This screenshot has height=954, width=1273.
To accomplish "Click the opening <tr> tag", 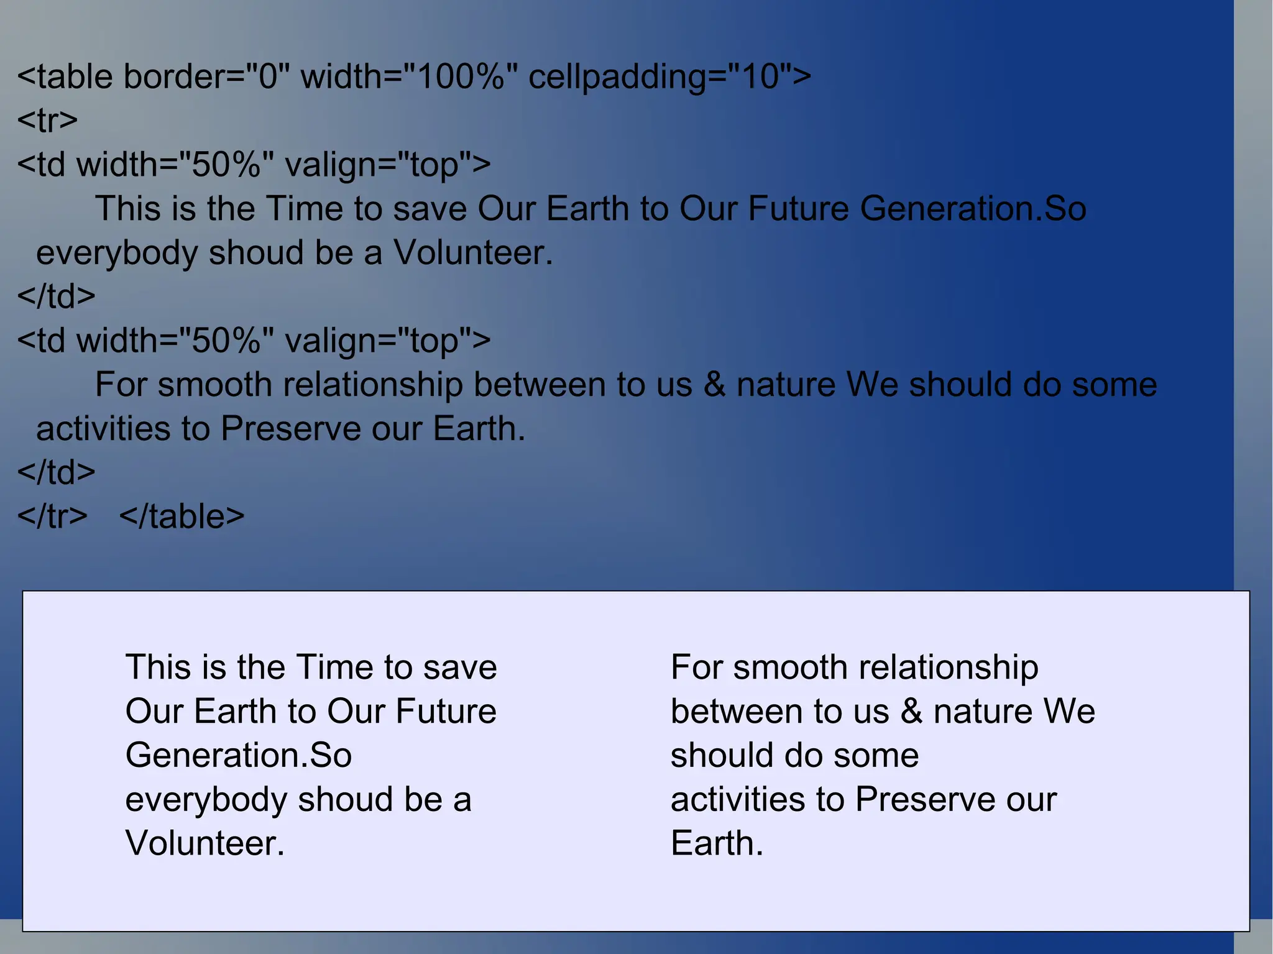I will tap(47, 121).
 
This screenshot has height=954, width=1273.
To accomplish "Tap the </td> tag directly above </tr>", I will tap(56, 473).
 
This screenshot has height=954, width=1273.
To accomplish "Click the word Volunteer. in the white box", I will tap(205, 844).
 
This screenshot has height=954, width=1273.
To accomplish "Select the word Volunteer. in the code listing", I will tap(473, 254).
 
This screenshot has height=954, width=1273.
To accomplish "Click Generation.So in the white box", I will tap(239, 756).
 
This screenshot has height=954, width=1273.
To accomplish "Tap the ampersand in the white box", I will tap(911, 712).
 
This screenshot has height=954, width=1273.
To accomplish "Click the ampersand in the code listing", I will tap(714, 385).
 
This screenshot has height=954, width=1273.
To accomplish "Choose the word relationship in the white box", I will tap(948, 668).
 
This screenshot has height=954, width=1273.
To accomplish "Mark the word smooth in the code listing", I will tap(214, 385).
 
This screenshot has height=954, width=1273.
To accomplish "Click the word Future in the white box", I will tap(446, 712).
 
